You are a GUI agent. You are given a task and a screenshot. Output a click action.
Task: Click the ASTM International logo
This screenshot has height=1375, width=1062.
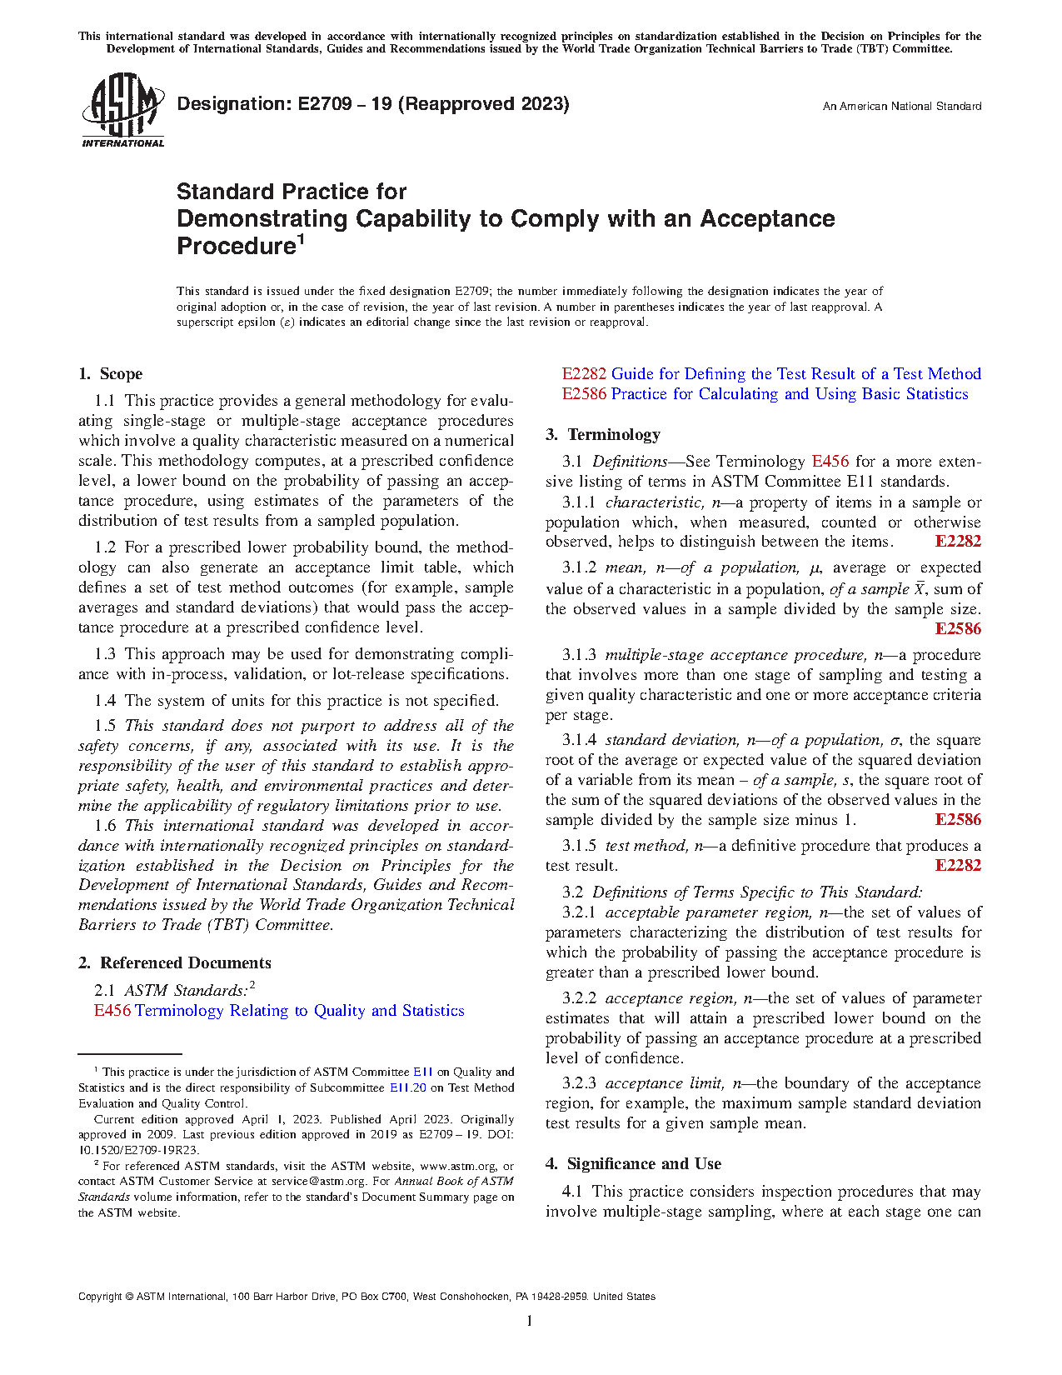[x=122, y=110]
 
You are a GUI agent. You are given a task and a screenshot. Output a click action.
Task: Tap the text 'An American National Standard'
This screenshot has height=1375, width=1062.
[x=901, y=107]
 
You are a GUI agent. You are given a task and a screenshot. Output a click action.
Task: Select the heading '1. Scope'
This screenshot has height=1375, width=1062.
[x=111, y=374]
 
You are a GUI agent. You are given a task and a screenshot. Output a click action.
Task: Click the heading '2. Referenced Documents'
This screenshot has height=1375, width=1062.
[x=175, y=963]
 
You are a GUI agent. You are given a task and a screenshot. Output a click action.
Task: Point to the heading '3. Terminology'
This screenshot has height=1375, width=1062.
[x=603, y=435]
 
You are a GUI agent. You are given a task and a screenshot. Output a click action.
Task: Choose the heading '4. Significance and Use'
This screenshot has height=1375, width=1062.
[x=633, y=1164]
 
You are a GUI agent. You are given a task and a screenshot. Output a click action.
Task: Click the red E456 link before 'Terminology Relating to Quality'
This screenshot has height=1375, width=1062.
[x=112, y=1011]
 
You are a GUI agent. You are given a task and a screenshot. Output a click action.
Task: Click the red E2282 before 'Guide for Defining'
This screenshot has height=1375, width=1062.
[x=584, y=374]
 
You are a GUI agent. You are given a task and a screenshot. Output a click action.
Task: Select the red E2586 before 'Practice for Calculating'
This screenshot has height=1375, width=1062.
[x=584, y=394]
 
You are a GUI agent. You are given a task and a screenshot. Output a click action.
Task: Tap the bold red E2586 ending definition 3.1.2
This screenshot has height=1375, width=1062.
[x=958, y=629]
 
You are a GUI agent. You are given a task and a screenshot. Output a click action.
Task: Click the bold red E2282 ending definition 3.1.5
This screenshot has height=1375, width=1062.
[x=958, y=866]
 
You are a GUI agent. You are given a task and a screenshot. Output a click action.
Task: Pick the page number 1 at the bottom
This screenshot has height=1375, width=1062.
[x=530, y=1321]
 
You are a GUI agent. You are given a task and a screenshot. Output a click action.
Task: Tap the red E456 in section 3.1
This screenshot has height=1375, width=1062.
[x=830, y=462]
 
